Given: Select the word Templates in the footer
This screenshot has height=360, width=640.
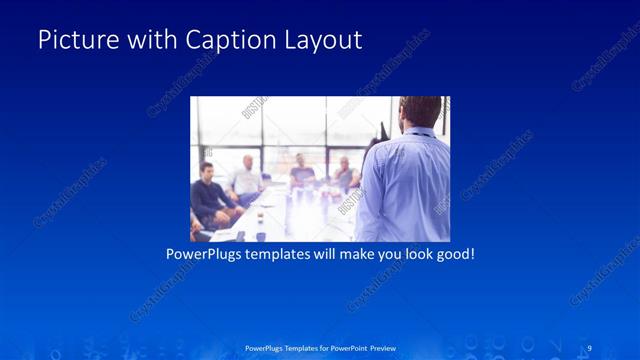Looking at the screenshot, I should coord(291,347).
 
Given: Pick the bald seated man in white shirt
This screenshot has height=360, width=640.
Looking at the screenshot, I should coord(245,178).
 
